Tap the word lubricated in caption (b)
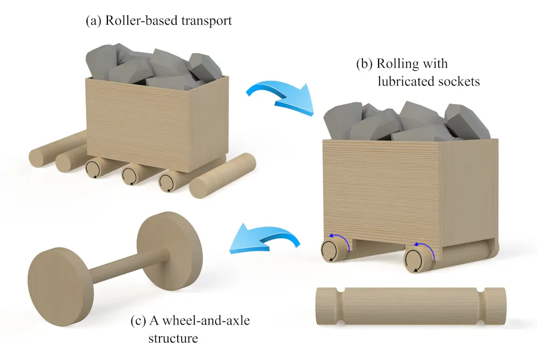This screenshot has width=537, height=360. click(400, 82)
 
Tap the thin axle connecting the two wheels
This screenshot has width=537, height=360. click(115, 263)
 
